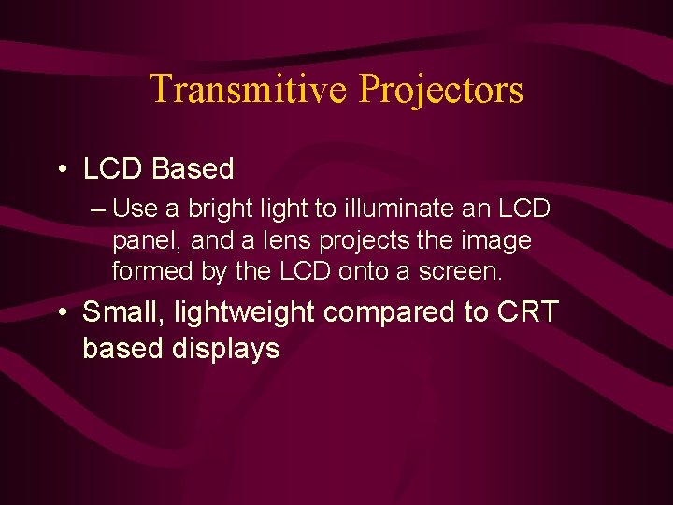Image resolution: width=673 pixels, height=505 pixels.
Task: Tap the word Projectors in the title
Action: (x=441, y=90)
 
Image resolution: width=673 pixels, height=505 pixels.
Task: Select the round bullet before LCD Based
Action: (x=62, y=169)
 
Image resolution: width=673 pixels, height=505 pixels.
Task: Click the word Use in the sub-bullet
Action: (x=133, y=209)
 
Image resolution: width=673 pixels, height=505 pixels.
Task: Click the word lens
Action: (x=285, y=240)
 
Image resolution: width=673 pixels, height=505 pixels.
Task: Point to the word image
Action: (x=495, y=241)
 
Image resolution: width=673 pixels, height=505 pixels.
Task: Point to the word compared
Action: (x=389, y=311)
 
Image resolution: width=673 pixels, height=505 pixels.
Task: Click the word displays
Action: (x=226, y=349)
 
